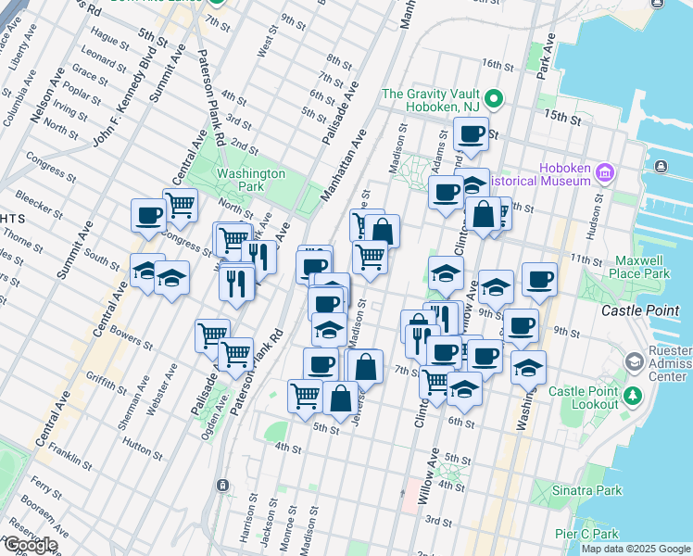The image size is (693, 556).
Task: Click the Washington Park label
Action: tap(251, 180)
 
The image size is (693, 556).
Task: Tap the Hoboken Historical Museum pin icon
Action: tap(605, 173)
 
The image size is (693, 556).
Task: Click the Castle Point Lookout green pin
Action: tap(634, 397)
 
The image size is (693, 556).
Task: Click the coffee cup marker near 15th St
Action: tap(472, 133)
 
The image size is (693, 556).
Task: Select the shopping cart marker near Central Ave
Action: tap(181, 205)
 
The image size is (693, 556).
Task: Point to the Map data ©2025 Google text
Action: tap(636, 549)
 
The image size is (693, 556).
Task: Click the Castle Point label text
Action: tap(640, 310)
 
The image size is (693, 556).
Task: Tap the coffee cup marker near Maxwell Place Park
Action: tap(539, 278)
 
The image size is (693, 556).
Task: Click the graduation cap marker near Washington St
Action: tap(528, 367)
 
